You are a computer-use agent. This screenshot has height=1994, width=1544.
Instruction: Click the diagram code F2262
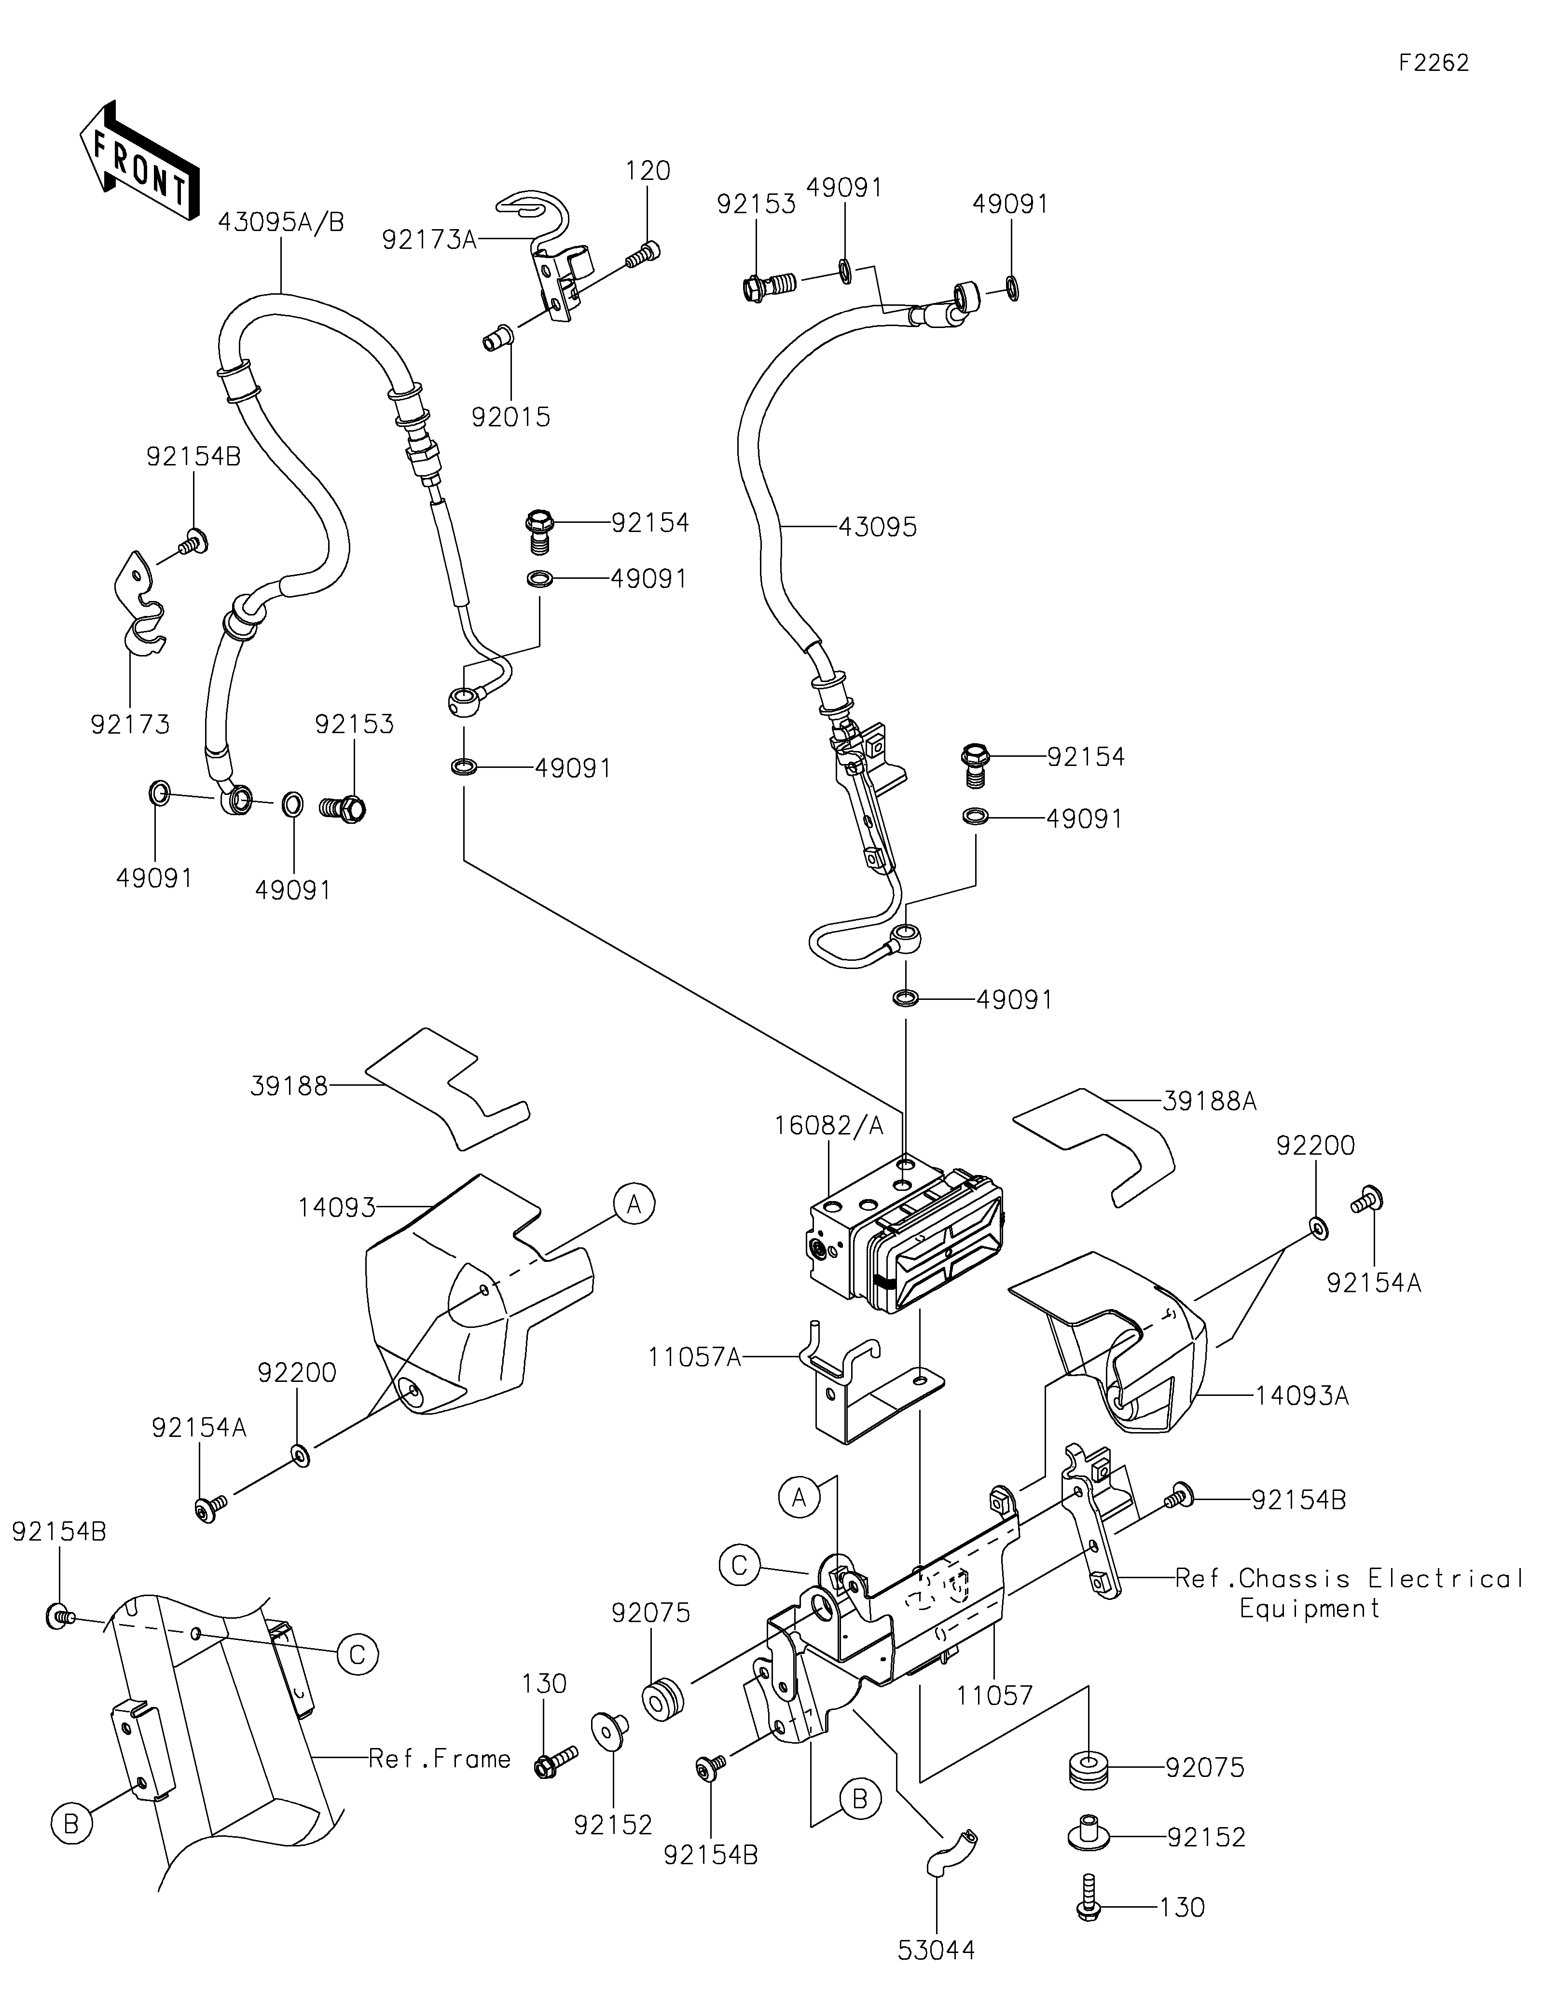tap(1434, 63)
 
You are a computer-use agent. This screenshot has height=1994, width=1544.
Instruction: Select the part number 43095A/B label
tap(280, 222)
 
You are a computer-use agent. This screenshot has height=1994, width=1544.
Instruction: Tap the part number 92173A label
tap(429, 240)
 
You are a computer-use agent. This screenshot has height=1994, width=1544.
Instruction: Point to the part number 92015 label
tap(510, 417)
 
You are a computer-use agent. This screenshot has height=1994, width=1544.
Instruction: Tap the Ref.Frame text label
tap(439, 1759)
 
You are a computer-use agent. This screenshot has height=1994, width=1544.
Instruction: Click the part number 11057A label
tap(694, 1358)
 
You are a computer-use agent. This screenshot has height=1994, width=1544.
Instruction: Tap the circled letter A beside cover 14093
tap(634, 1205)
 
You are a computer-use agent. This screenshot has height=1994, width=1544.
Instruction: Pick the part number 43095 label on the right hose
tap(878, 527)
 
